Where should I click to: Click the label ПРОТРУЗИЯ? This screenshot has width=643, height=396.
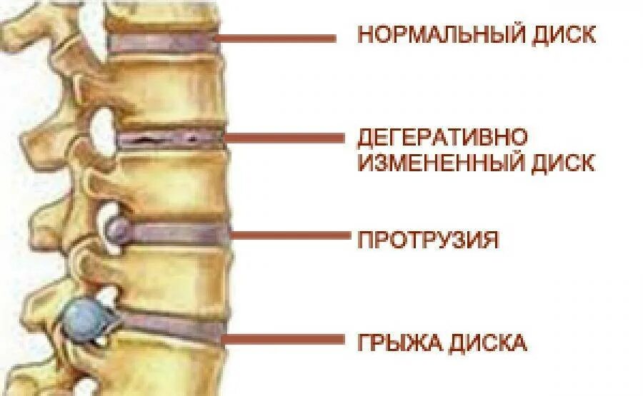(x=427, y=239)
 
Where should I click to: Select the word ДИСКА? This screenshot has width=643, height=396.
(x=488, y=344)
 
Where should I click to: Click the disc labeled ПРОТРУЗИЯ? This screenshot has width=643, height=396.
(x=179, y=232)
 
